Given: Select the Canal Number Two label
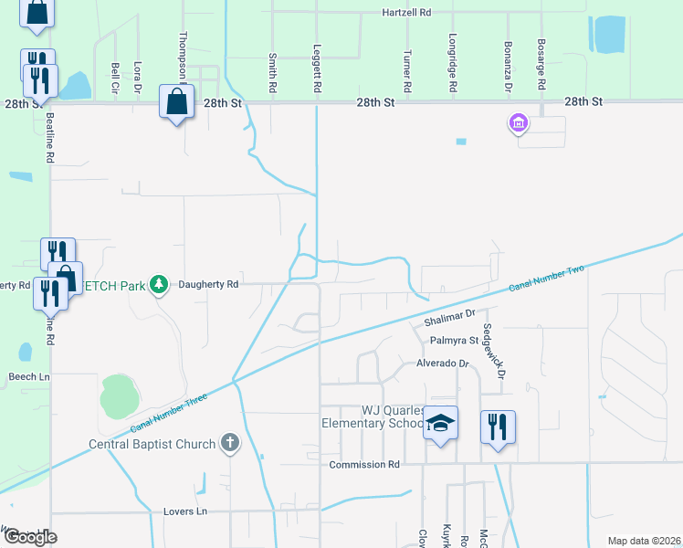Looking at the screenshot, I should [x=546, y=279].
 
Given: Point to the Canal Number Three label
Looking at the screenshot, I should [x=171, y=412].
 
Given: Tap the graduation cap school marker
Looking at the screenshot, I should [x=440, y=423].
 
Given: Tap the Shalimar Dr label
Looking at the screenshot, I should [x=450, y=319].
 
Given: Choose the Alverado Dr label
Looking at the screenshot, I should [x=442, y=364].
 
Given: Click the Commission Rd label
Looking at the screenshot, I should [x=364, y=465].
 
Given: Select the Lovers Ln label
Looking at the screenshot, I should [x=186, y=511].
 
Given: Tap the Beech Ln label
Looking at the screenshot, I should [x=28, y=376].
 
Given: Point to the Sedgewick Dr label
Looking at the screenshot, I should [x=494, y=351].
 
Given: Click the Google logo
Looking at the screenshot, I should [x=30, y=537].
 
